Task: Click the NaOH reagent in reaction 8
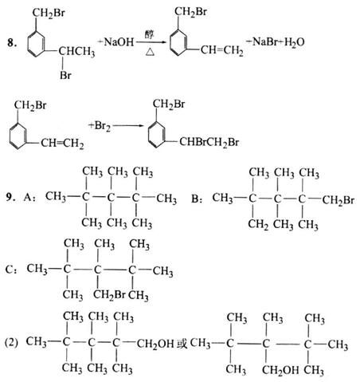(x=119, y=41)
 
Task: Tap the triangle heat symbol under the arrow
(x=150, y=52)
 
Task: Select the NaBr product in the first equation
(x=266, y=41)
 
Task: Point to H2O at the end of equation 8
(x=295, y=42)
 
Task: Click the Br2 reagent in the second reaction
(x=103, y=125)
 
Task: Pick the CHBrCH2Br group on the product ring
(x=209, y=142)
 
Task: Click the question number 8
(x=12, y=42)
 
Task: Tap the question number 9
(x=10, y=197)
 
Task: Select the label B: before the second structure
(x=197, y=199)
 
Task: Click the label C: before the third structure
(x=11, y=270)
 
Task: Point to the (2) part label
(x=11, y=343)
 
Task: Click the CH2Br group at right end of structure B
(x=338, y=200)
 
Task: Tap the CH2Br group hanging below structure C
(x=109, y=295)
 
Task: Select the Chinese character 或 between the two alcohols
(x=182, y=344)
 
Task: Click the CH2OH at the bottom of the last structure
(x=280, y=370)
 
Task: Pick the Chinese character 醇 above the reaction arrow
(x=150, y=34)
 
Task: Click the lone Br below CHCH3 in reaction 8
(x=65, y=76)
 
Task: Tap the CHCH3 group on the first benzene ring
(x=76, y=51)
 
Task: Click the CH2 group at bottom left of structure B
(x=258, y=225)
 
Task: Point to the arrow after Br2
(x=128, y=125)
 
